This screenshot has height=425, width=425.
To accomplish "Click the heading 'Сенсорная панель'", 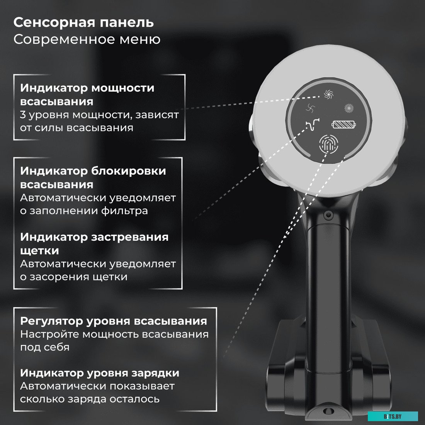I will click(83, 22).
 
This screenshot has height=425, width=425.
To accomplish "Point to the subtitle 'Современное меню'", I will click(87, 39).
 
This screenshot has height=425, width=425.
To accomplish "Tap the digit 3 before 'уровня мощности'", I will click(23, 115).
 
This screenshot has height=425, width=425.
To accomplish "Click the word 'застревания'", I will click(130, 236).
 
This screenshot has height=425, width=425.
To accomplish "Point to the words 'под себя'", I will click(45, 347).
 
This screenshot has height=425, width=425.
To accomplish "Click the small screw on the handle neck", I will click(328, 215).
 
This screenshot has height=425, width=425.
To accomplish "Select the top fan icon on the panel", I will click(328, 93).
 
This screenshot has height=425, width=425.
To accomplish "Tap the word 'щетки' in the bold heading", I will click(40, 250).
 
